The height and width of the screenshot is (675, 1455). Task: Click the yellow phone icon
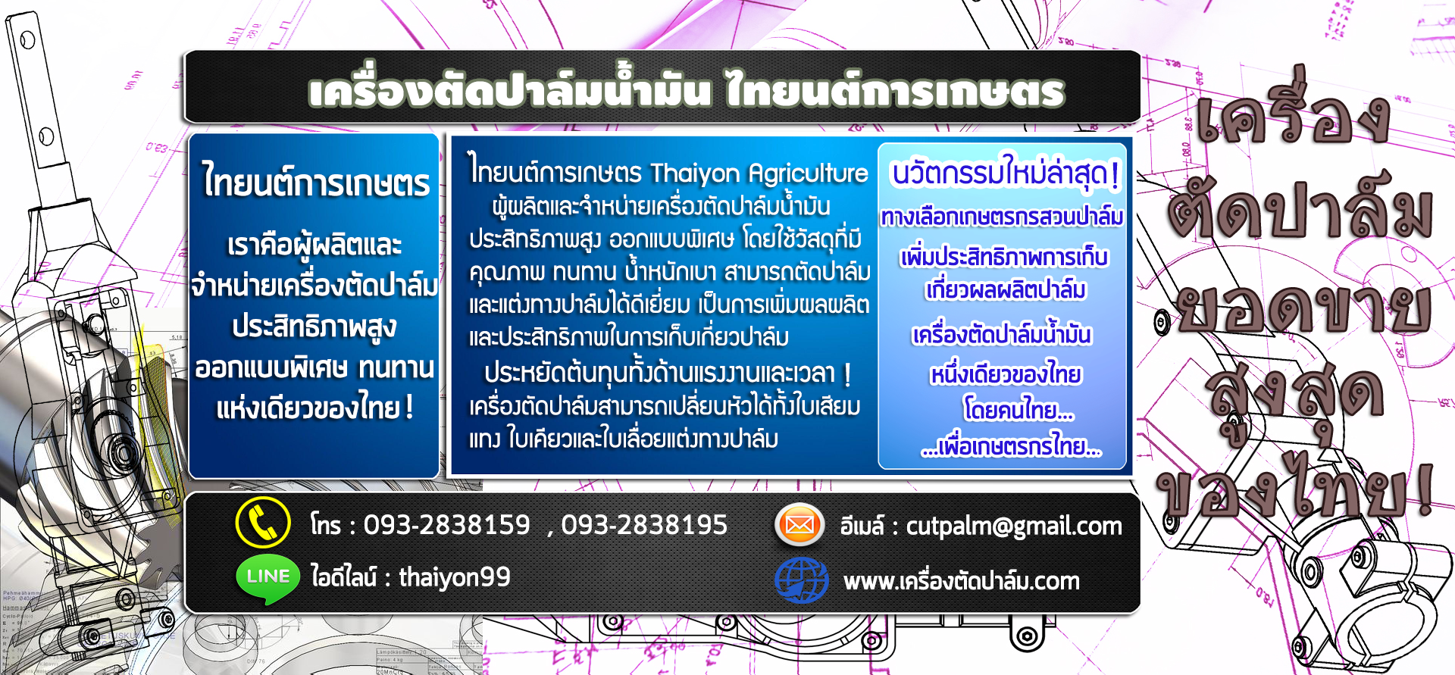tap(263, 523)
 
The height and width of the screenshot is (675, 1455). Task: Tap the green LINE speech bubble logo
tap(268, 580)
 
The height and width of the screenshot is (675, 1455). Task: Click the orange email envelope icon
tap(799, 524)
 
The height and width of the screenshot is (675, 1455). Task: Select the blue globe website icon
tap(801, 580)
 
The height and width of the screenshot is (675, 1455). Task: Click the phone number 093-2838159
tap(447, 524)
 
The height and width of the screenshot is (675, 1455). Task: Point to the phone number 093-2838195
tap(644, 524)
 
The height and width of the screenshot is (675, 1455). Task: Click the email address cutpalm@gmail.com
tap(1014, 527)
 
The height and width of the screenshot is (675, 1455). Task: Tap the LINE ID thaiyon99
tap(455, 577)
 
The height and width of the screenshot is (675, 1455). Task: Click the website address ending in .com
tap(962, 581)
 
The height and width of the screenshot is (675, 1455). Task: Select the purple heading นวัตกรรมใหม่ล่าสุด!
tap(1005, 173)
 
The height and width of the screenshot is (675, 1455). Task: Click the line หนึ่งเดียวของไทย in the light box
tap(1006, 374)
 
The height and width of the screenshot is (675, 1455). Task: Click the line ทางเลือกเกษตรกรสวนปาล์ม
tap(1002, 217)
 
